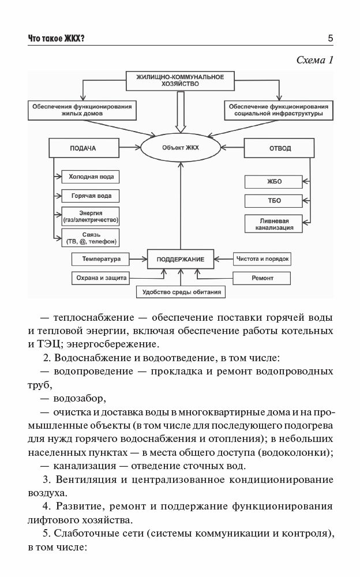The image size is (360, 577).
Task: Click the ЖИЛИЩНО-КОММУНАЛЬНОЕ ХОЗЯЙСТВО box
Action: coord(179,80)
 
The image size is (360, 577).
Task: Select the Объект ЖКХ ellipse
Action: coord(181,148)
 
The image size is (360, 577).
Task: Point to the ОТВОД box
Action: coord(280,148)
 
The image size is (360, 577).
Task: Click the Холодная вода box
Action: coord(91,176)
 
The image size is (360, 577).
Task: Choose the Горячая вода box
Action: coord(91,196)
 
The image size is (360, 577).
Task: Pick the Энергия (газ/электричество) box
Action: coord(91,216)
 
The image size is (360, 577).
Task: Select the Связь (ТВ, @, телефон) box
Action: coord(91,238)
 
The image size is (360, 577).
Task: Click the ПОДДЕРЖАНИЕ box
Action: coord(181,259)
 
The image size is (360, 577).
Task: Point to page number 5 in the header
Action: coord(330,39)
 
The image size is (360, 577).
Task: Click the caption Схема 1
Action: coord(314,60)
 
